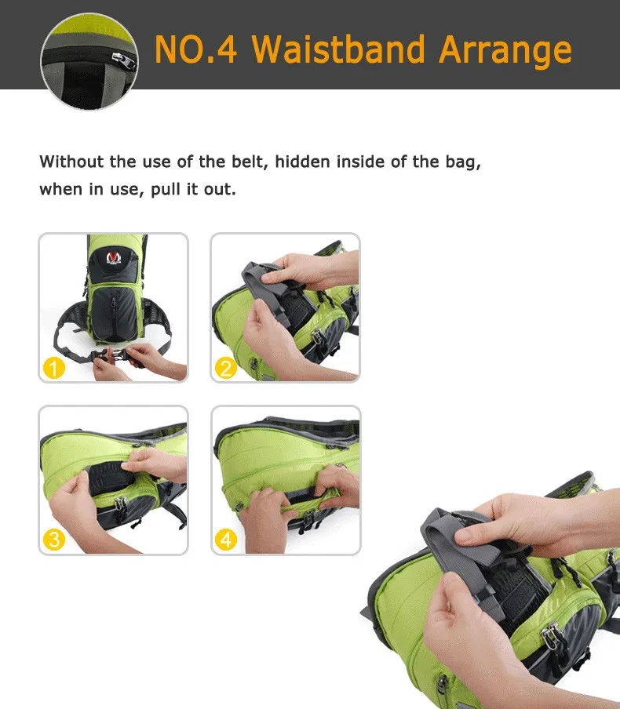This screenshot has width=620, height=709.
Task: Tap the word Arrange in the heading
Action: (505, 50)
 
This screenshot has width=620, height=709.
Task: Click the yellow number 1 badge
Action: (54, 367)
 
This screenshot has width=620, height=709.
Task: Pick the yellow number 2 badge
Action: (226, 367)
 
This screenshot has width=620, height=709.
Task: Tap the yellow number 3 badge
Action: (54, 540)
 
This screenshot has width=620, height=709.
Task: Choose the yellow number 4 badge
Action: (226, 540)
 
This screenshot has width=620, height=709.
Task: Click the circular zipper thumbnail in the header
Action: (89, 60)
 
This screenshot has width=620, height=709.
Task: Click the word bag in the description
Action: (463, 162)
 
